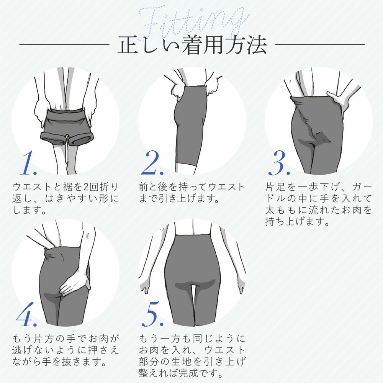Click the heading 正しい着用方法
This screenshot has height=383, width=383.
[x=192, y=45]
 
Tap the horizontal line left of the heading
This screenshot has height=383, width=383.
[x=64, y=45]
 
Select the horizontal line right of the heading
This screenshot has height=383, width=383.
[x=320, y=45]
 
